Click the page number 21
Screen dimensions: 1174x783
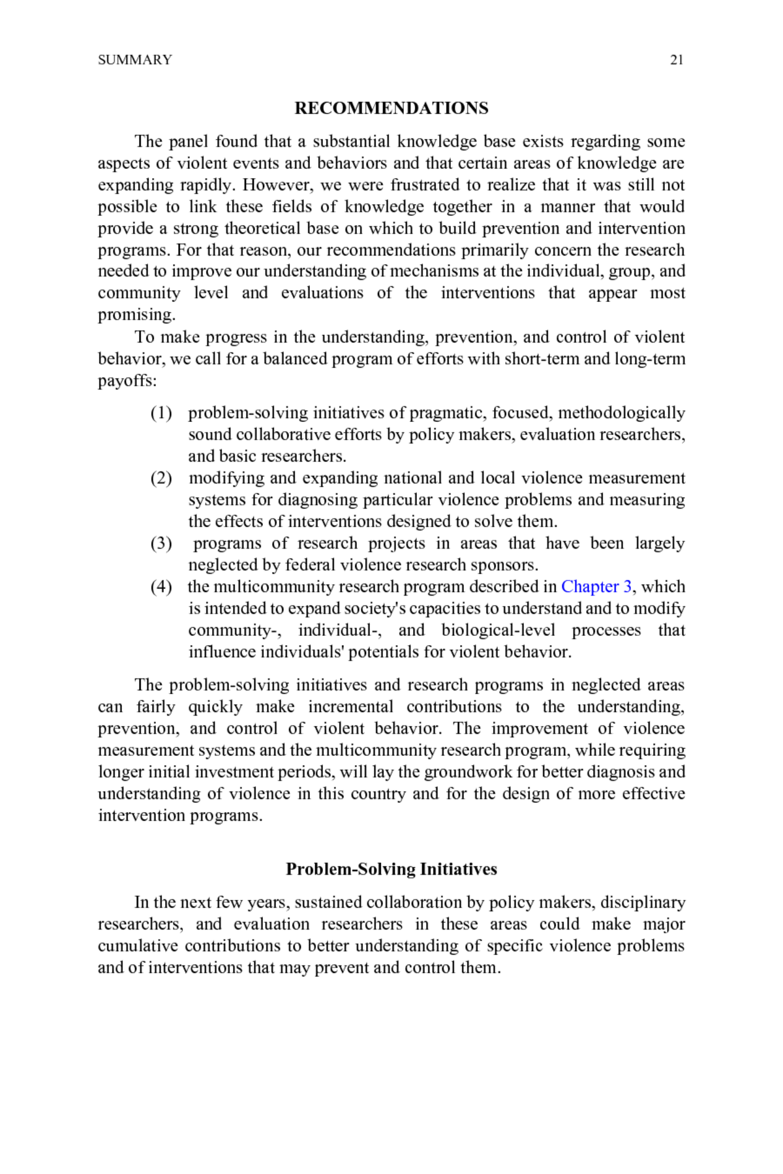[x=677, y=60]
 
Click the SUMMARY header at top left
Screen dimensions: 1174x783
[x=135, y=60]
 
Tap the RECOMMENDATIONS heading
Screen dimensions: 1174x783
[x=391, y=108]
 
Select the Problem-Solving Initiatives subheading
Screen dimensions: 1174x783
[x=391, y=869]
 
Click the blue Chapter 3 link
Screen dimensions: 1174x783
[x=596, y=586]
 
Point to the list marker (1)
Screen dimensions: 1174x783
[x=161, y=413]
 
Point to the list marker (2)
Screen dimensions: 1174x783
[x=161, y=478]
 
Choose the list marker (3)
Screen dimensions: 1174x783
[x=161, y=543]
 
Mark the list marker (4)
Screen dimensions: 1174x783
[x=161, y=586]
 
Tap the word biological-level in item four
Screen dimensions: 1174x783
[x=499, y=630]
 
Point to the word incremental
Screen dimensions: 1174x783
[x=350, y=707]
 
